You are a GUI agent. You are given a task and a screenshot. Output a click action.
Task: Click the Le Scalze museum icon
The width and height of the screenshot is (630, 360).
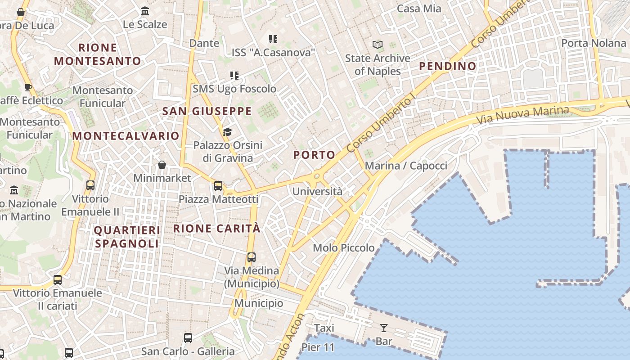(145, 11)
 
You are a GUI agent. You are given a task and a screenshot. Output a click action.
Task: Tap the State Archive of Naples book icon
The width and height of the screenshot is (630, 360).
(377, 45)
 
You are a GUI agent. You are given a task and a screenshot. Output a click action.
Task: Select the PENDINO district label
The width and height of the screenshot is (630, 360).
(447, 66)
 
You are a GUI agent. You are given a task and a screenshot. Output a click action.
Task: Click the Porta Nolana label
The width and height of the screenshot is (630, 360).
(594, 43)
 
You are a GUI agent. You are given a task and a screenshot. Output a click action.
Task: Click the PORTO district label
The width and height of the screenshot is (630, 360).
(314, 155)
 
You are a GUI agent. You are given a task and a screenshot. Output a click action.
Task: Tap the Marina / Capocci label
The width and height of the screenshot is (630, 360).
(406, 166)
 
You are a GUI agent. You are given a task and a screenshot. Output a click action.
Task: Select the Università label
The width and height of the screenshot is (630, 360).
(317, 191)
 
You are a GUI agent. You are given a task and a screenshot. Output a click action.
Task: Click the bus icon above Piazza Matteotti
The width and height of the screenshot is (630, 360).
(218, 185)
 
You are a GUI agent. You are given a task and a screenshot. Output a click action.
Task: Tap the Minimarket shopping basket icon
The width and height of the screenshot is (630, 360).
(162, 165)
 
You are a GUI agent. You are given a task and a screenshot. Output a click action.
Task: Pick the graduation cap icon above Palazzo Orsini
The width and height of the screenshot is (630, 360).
(227, 132)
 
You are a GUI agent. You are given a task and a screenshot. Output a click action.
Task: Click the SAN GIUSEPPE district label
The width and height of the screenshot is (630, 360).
(207, 111)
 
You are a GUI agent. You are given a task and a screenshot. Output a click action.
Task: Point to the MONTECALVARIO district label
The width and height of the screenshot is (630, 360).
(126, 136)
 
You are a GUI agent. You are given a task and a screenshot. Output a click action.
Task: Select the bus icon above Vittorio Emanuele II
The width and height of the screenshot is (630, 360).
(90, 185)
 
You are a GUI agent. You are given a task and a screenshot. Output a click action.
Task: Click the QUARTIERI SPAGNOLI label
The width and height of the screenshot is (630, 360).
(126, 237)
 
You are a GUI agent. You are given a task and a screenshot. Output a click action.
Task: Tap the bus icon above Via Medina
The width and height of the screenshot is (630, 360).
(252, 257)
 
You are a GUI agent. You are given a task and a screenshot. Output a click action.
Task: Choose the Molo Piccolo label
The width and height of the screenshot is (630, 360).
(343, 247)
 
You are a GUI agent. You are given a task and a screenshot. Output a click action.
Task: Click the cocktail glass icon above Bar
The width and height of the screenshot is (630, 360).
(383, 328)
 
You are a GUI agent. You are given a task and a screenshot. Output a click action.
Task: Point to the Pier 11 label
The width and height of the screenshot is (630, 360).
(318, 347)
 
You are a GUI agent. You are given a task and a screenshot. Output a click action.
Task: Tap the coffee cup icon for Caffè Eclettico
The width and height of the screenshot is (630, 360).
(28, 87)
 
